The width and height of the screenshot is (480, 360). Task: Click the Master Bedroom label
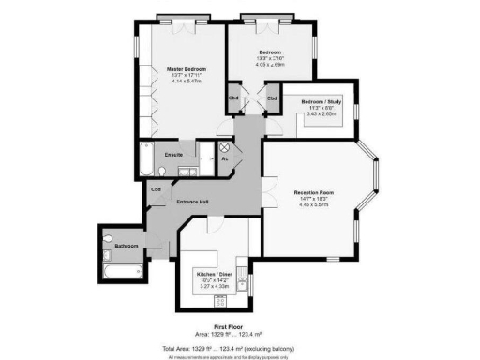tap(187, 70)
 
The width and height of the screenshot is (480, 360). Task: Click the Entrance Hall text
tap(190, 202)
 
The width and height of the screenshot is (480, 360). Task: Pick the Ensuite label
tap(173, 153)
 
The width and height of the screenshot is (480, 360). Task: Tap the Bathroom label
tap(127, 246)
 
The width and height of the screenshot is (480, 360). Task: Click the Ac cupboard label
tap(225, 158)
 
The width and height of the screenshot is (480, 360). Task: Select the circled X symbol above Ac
tap(225, 148)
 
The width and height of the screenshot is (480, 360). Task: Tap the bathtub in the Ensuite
tap(147, 162)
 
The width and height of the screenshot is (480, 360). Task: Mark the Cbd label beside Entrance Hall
tap(156, 188)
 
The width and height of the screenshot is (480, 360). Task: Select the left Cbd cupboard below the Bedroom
tap(233, 98)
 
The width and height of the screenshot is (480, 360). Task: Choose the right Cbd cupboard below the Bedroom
tap(272, 98)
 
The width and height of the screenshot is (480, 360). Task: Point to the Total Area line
tap(239, 345)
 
